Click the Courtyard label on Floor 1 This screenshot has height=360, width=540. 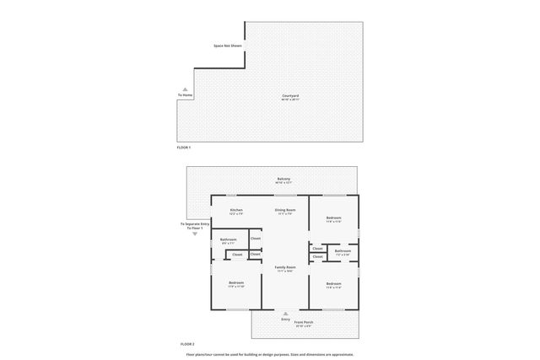(x=290, y=97)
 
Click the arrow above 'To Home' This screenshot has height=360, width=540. (x=186, y=89)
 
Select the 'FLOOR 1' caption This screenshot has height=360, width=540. (x=184, y=148)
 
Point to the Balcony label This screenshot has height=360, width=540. (x=283, y=180)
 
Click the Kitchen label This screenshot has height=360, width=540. (x=236, y=211)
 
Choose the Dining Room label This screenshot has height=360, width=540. (x=285, y=211)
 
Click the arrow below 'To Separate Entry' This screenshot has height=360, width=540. (x=195, y=234)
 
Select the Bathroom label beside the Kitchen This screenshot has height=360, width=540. (x=229, y=240)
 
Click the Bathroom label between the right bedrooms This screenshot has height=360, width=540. (x=343, y=251)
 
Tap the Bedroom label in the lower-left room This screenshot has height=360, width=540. (x=235, y=283)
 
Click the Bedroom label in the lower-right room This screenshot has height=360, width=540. (x=333, y=284)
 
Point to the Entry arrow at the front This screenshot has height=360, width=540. (x=285, y=314)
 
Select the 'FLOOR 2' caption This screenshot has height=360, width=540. (x=187, y=344)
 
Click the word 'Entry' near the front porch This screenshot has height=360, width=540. (x=285, y=320)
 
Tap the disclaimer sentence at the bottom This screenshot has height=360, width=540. (x=270, y=354)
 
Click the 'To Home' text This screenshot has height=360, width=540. (x=186, y=95)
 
